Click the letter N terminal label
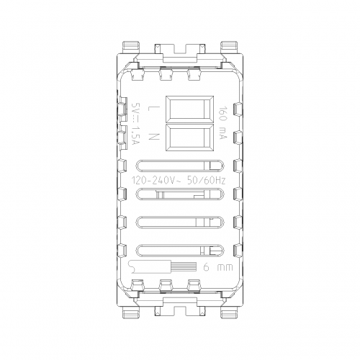[x=153, y=137]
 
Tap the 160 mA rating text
[x=222, y=122]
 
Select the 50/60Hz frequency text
[x=207, y=180]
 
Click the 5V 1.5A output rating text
[x=136, y=124]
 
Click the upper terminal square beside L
[x=189, y=109]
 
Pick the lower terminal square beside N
[x=189, y=138]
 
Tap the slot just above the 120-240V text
[x=180, y=166]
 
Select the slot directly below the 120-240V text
[x=180, y=194]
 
